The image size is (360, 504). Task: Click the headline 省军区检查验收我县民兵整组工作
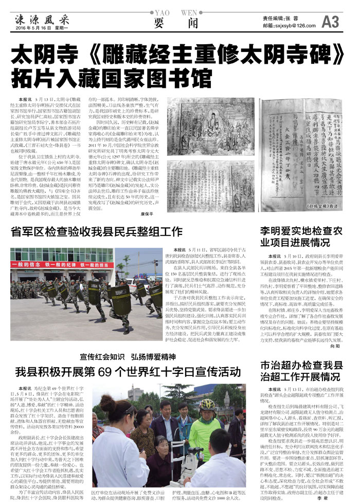97,232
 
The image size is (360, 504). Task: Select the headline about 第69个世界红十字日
126,372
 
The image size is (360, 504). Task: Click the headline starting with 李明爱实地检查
301,236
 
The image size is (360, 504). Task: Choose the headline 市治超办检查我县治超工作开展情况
301,373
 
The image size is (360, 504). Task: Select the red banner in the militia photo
62,265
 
